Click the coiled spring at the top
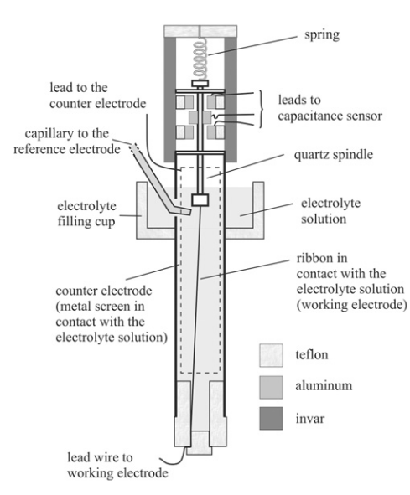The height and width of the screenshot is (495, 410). pyautogui.click(x=200, y=59)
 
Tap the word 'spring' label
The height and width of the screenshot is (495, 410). pyautogui.click(x=322, y=34)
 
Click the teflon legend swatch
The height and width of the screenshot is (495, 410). pyautogui.click(x=271, y=355)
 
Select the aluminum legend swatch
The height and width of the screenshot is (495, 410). pyautogui.click(x=271, y=387)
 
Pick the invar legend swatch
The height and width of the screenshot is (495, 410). pyautogui.click(x=271, y=418)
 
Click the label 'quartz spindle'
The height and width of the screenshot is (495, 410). pyautogui.click(x=334, y=155)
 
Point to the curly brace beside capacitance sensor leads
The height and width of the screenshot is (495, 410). pyautogui.click(x=261, y=109)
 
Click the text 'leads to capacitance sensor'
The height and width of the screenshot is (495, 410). pyautogui.click(x=330, y=108)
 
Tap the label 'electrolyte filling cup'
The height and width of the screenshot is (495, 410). pyautogui.click(x=86, y=214)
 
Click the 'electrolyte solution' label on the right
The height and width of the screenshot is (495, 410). pyautogui.click(x=330, y=211)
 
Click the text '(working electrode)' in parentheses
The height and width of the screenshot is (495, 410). pyautogui.click(x=351, y=305)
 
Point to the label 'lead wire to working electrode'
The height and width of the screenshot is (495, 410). pyautogui.click(x=117, y=466)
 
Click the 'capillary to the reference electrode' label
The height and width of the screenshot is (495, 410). pyautogui.click(x=67, y=141)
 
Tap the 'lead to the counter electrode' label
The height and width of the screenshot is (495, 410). pyautogui.click(x=98, y=95)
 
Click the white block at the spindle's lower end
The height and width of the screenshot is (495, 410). pyautogui.click(x=200, y=200)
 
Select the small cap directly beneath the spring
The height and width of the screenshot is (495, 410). pyautogui.click(x=200, y=84)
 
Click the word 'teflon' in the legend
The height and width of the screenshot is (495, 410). pyautogui.click(x=312, y=355)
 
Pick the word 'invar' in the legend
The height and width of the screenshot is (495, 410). pyautogui.click(x=309, y=419)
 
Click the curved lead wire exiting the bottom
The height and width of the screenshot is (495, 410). pyautogui.click(x=173, y=456)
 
